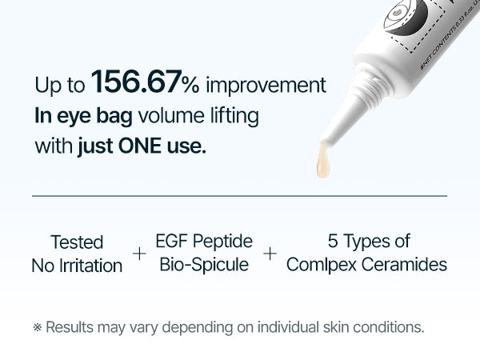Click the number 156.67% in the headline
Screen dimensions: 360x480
(146, 82)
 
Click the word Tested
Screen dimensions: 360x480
(77, 242)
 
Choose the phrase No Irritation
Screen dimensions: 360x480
(77, 266)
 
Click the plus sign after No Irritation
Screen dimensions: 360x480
(139, 254)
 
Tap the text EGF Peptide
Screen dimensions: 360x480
(204, 241)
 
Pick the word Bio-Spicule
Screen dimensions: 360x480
(204, 265)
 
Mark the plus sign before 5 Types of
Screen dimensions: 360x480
(270, 254)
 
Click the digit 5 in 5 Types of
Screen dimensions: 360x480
(332, 240)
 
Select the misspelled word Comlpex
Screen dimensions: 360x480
(322, 265)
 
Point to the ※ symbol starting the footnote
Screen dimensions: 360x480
(37, 327)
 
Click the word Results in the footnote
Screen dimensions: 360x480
(69, 326)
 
